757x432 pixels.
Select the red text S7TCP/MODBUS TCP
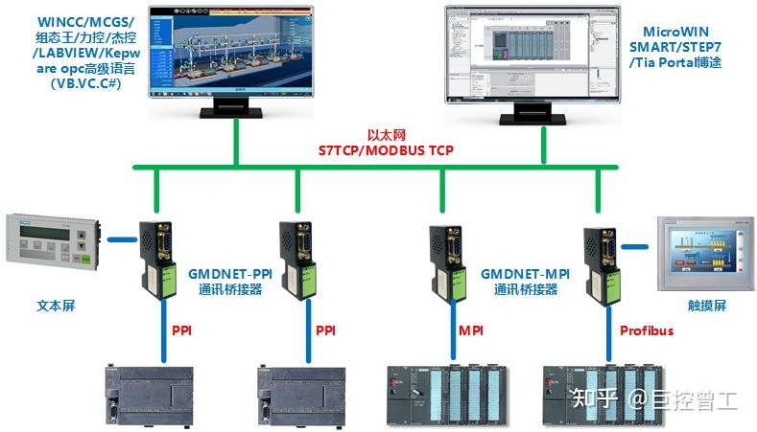(386, 150)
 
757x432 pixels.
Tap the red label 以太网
(387, 136)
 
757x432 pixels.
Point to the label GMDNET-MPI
(525, 274)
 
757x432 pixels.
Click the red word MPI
(470, 330)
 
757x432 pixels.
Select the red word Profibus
(646, 330)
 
